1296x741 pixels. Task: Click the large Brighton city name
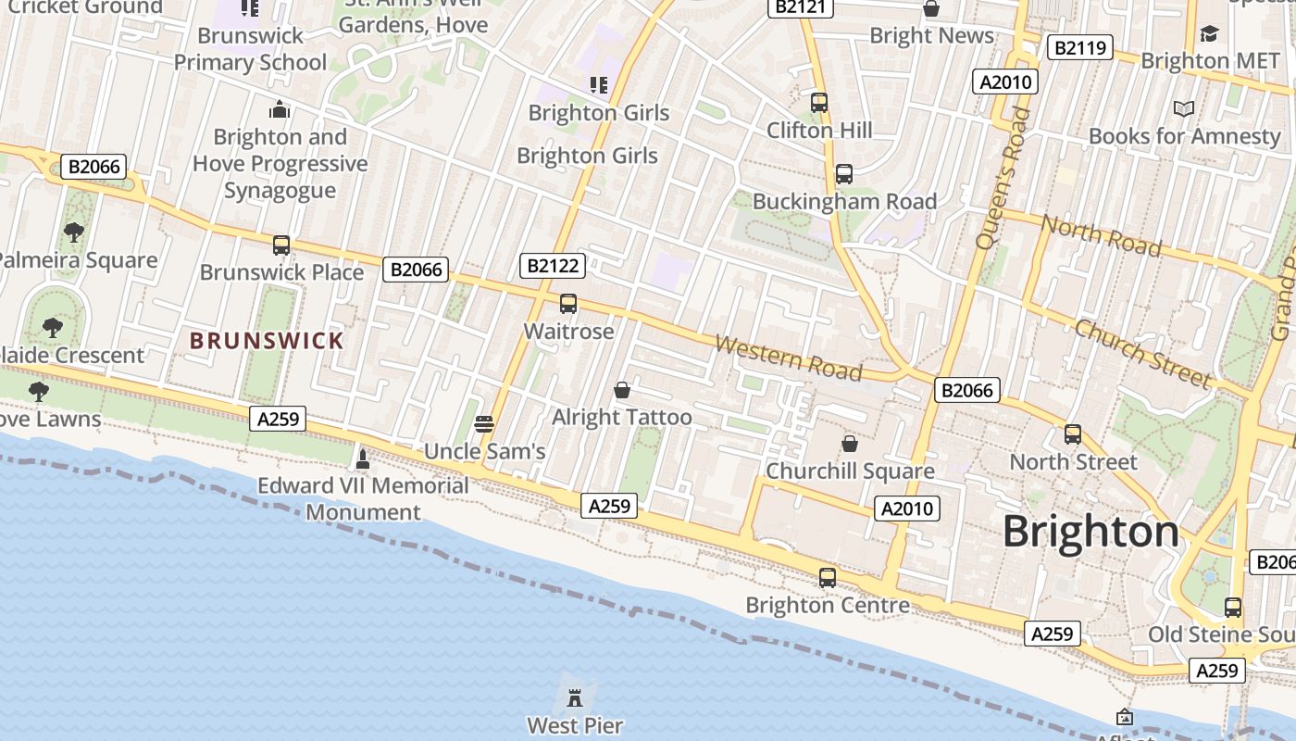click(x=1090, y=532)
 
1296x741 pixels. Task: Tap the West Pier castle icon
click(x=575, y=696)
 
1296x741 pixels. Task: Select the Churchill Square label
click(x=850, y=471)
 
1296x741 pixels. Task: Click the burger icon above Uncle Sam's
click(x=484, y=424)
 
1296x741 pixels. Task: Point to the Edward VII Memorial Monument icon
click(x=363, y=458)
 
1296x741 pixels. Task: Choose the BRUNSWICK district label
click(x=267, y=341)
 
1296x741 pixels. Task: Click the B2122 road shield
click(x=553, y=266)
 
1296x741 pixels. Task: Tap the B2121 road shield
click(x=801, y=7)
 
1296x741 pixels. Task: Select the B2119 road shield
click(x=1079, y=47)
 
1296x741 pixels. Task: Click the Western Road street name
click(x=789, y=358)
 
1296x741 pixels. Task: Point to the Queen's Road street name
click(x=1003, y=178)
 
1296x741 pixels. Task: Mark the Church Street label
click(x=1143, y=353)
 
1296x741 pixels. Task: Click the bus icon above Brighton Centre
click(x=828, y=578)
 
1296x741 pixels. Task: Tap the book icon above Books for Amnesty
click(x=1183, y=109)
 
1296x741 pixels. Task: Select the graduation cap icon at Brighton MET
click(x=1209, y=34)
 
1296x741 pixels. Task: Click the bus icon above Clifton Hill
click(x=819, y=103)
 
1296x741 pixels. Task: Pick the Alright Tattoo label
click(x=622, y=417)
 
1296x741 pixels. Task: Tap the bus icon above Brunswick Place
click(x=281, y=245)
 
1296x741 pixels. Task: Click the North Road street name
click(x=1102, y=234)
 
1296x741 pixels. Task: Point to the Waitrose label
click(x=568, y=331)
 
